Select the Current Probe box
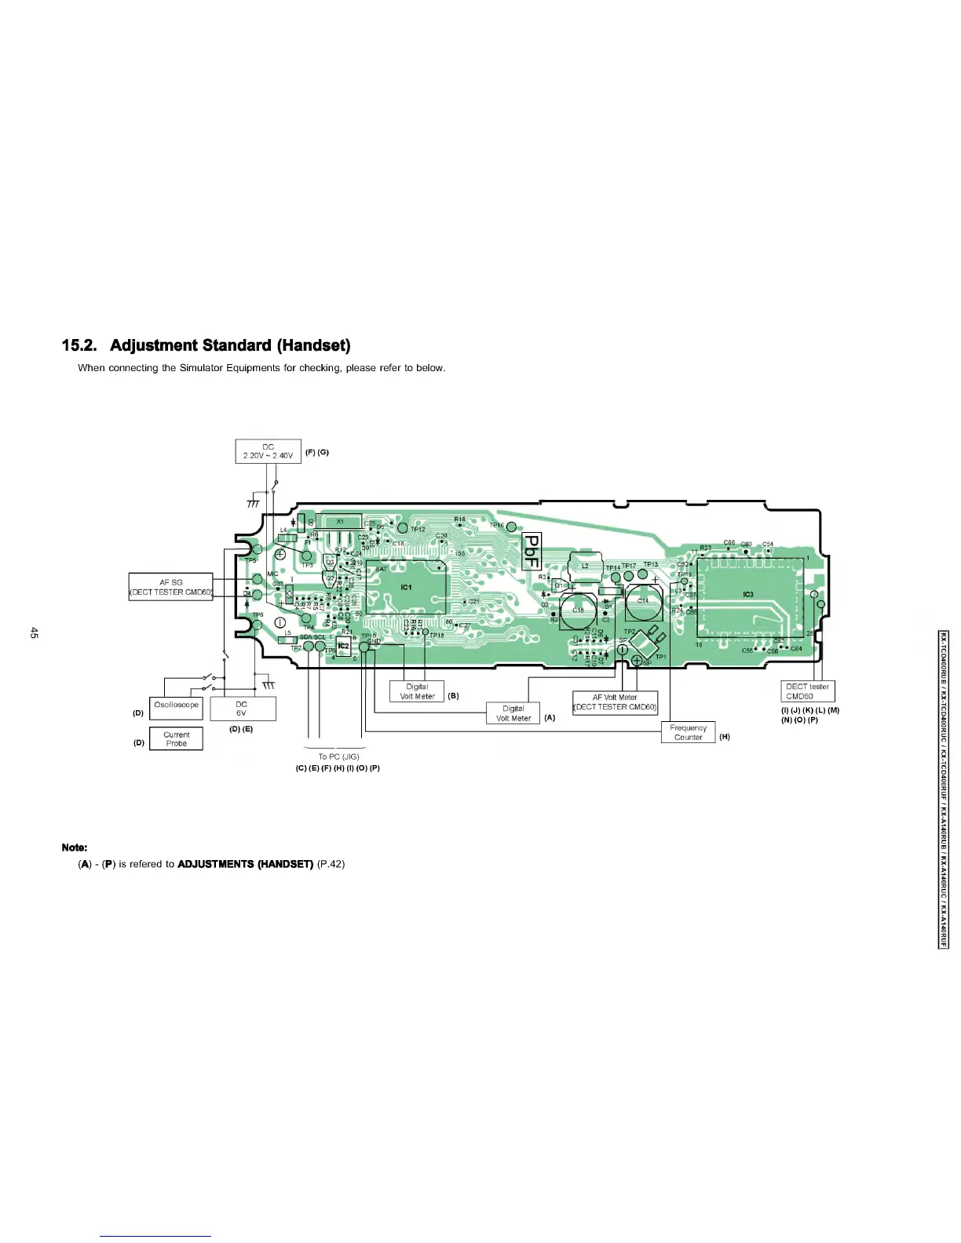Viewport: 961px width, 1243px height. pyautogui.click(x=176, y=738)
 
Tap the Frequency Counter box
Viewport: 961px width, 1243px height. pyautogui.click(x=689, y=732)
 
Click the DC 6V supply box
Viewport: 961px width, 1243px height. pyautogui.click(x=242, y=709)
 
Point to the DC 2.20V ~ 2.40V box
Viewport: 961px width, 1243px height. pyautogui.click(x=268, y=451)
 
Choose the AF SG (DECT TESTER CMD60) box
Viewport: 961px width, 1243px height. pyautogui.click(x=170, y=587)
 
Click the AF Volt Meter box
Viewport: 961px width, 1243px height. pyautogui.click(x=615, y=702)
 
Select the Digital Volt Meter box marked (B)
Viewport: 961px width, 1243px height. pyautogui.click(x=417, y=691)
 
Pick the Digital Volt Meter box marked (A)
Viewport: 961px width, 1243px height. pyautogui.click(x=513, y=713)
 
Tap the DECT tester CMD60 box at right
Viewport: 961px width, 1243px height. pyautogui.click(x=807, y=691)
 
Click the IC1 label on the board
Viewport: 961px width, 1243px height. pyautogui.click(x=407, y=587)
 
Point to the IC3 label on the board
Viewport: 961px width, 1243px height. pyautogui.click(x=748, y=595)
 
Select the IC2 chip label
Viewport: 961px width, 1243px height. pyautogui.click(x=343, y=647)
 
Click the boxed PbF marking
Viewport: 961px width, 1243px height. pyautogui.click(x=532, y=549)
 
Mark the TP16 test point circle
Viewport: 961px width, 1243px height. pyautogui.click(x=511, y=527)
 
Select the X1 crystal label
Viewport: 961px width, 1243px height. pyautogui.click(x=341, y=521)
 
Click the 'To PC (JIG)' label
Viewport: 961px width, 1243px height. pyautogui.click(x=338, y=757)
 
